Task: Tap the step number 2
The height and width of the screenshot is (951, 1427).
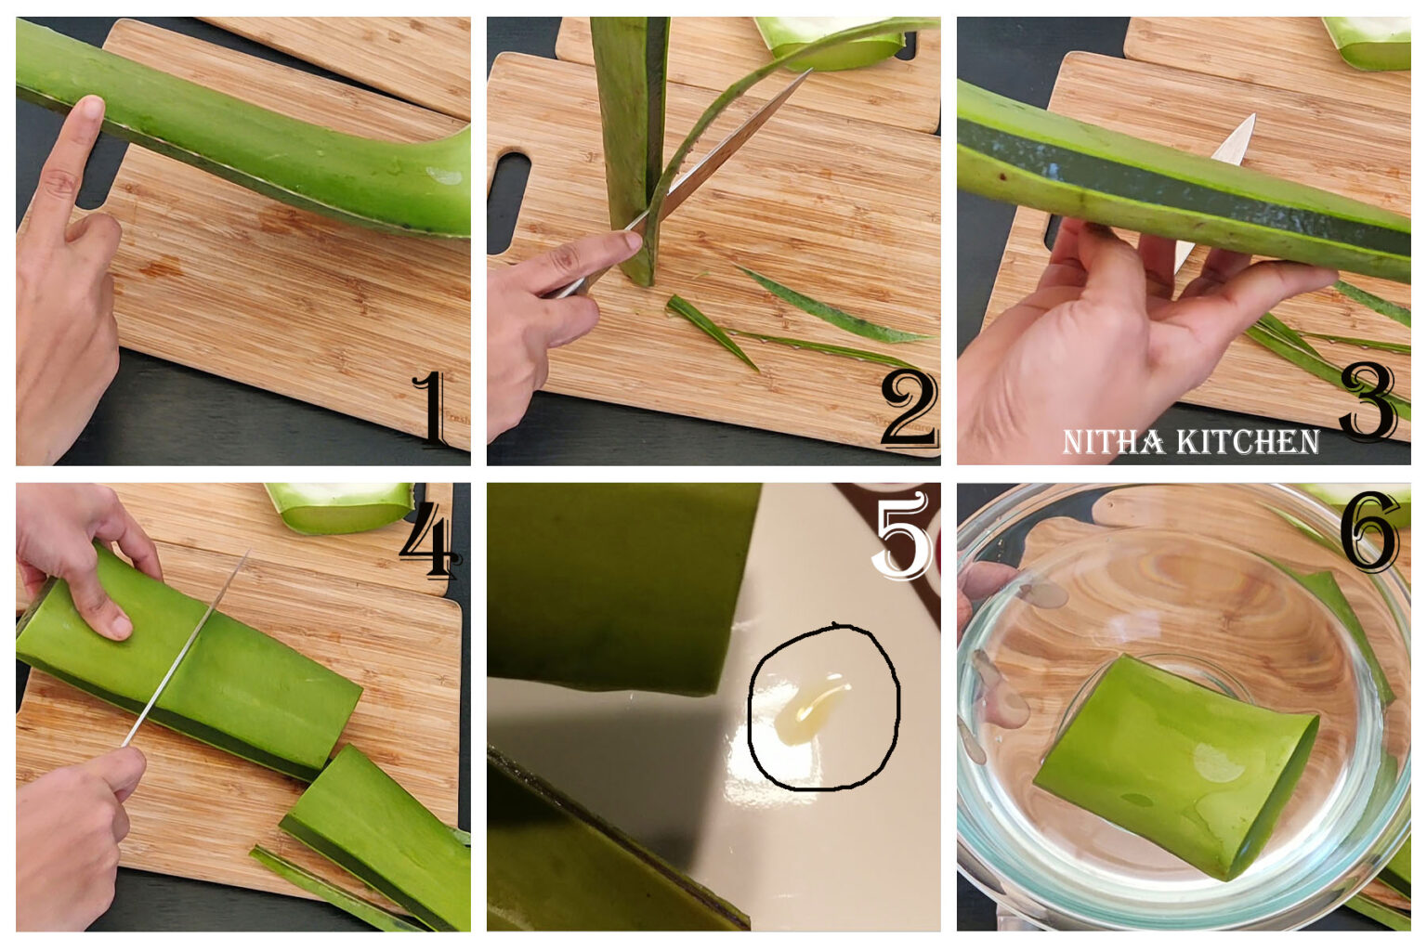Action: click(x=908, y=409)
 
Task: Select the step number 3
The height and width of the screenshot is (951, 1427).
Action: click(x=1367, y=401)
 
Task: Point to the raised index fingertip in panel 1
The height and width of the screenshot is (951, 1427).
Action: click(x=89, y=109)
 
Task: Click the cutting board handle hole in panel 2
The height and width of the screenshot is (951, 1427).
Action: click(x=508, y=200)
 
